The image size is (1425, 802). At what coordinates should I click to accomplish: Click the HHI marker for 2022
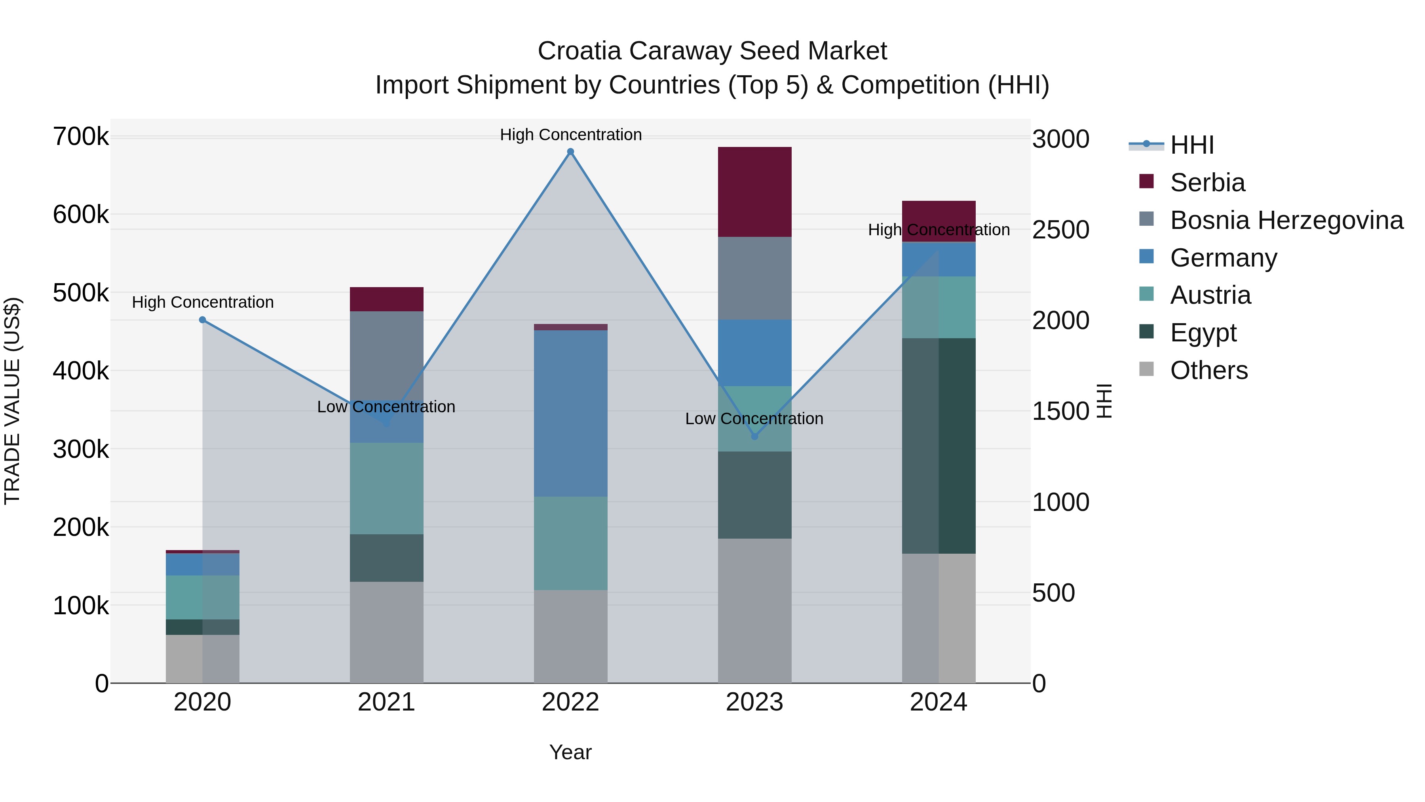(x=570, y=152)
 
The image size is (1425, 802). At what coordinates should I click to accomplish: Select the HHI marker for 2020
(x=202, y=320)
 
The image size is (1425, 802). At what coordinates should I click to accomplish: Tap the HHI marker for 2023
(x=754, y=437)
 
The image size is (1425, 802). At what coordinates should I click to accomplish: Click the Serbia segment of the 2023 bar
(x=754, y=192)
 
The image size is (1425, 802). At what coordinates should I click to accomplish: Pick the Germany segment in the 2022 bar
(x=570, y=413)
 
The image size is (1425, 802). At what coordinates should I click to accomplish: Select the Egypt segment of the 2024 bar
(x=939, y=446)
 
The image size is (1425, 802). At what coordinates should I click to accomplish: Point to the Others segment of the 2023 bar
(x=754, y=610)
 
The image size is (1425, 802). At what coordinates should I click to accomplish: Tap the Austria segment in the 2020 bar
(x=202, y=597)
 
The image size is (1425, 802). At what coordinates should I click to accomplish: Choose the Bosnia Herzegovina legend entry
(x=1286, y=220)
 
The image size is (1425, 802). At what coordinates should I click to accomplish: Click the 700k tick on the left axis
(x=81, y=137)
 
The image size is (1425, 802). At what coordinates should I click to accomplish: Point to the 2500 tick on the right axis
(x=1060, y=230)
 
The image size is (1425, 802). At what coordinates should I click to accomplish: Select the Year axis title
(x=570, y=752)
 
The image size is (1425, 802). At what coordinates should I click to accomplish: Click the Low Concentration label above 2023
(x=754, y=419)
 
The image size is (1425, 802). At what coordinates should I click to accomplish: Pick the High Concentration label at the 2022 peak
(x=570, y=135)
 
